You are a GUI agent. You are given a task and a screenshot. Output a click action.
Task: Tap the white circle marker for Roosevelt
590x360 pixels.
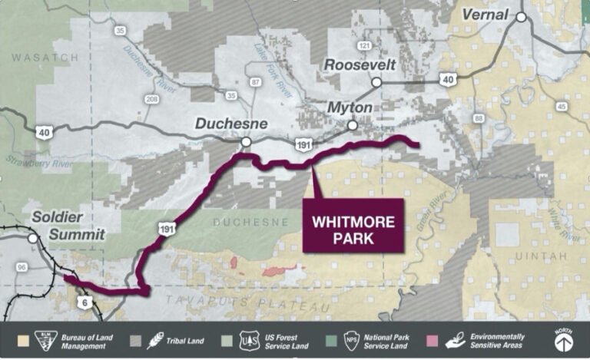pos(376,82)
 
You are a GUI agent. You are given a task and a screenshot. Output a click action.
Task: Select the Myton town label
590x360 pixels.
pos(350,107)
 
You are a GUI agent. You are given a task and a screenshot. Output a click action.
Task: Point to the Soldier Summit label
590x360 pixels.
pos(68,226)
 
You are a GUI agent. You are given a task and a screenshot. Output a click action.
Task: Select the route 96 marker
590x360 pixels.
pos(21,268)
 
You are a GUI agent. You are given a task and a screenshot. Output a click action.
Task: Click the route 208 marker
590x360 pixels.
pos(151,99)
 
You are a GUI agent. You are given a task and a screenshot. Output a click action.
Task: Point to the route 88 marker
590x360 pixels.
pos(479,118)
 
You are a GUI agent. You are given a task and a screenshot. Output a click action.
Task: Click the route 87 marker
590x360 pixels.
pos(256,81)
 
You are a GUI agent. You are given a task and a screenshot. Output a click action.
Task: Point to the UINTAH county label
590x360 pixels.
pos(542,255)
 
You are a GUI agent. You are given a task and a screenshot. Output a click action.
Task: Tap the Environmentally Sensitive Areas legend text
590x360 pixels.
pos(497,341)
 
